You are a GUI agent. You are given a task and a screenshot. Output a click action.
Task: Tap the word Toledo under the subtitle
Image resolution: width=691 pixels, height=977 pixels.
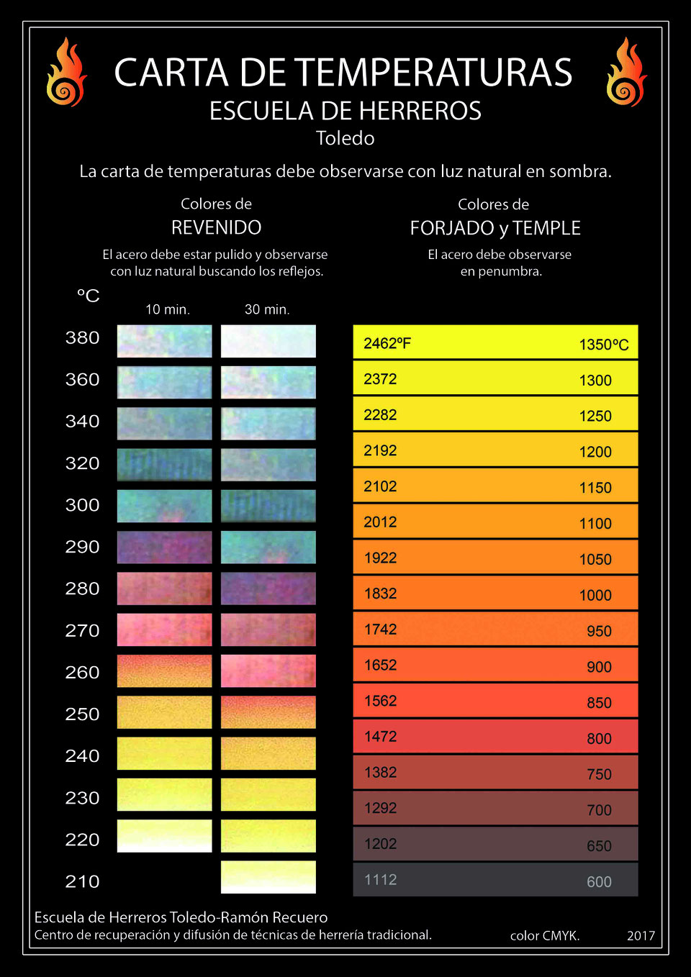click(x=345, y=138)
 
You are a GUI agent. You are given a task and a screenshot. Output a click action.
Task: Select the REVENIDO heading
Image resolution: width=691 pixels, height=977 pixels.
click(x=216, y=227)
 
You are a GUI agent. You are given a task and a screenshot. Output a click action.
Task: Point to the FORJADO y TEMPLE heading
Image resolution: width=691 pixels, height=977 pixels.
click(x=494, y=228)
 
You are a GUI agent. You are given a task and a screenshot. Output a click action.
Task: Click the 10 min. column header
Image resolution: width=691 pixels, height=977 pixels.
click(x=167, y=309)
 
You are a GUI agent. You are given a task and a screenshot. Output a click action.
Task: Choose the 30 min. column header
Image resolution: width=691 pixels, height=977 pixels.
click(x=267, y=309)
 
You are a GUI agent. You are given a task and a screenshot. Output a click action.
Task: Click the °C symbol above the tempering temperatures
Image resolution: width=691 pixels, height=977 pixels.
click(x=88, y=296)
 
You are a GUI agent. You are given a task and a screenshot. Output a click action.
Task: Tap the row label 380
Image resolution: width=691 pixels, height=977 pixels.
click(x=82, y=337)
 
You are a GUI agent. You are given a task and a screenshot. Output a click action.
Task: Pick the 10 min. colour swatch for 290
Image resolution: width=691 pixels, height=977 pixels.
click(x=164, y=547)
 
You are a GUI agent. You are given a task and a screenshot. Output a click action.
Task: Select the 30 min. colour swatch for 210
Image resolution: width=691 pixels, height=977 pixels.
click(x=268, y=877)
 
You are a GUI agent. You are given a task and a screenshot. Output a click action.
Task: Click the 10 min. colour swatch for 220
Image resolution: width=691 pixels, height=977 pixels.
click(x=164, y=836)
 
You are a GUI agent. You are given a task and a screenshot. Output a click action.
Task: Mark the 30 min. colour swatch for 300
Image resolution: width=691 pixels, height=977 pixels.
click(x=268, y=506)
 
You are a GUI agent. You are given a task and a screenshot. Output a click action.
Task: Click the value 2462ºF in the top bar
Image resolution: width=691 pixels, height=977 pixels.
click(x=387, y=343)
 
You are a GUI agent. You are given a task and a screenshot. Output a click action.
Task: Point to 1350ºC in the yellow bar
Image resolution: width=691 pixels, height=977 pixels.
click(x=603, y=345)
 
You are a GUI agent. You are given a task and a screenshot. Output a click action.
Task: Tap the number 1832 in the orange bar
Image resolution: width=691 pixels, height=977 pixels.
click(x=380, y=594)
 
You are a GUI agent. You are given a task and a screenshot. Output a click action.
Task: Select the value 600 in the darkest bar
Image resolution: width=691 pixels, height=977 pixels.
click(x=599, y=882)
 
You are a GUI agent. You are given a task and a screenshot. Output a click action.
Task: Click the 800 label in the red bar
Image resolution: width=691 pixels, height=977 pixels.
click(x=599, y=739)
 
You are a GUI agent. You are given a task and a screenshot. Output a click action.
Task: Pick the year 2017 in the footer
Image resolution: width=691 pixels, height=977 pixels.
click(x=641, y=935)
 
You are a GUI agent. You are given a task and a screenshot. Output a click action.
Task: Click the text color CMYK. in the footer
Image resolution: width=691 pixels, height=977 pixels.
click(x=545, y=935)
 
